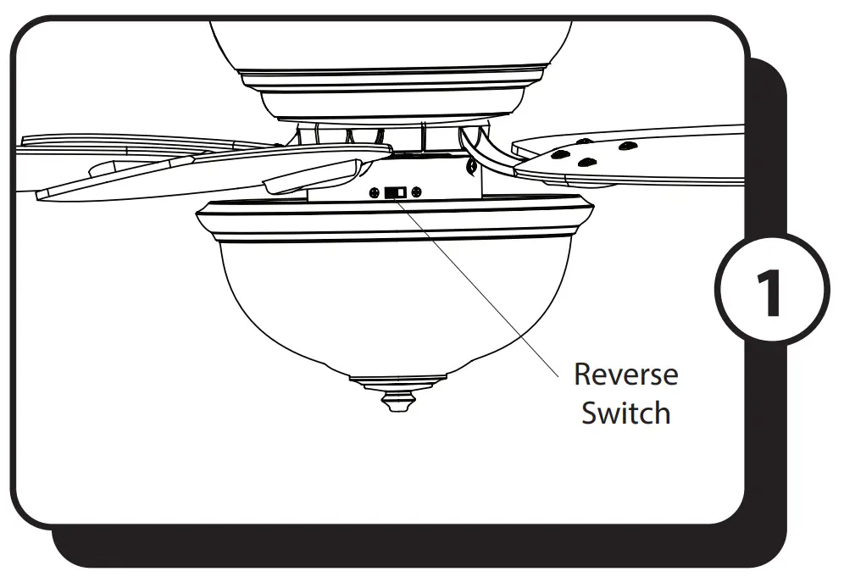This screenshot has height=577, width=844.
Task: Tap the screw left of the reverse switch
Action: pos(375,192)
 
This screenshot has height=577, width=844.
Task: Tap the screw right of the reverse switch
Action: pos(417,192)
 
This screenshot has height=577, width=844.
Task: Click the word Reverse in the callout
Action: pos(625,374)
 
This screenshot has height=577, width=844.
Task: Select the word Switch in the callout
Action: pos(625,413)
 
